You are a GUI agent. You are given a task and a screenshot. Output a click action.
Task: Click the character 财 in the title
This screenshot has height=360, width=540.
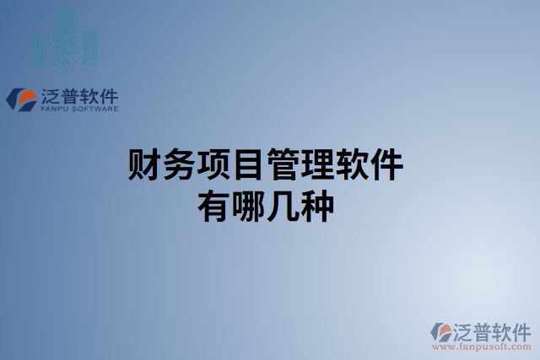(144, 165)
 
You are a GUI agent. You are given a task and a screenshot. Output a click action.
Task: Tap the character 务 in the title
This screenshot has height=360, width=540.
(179, 165)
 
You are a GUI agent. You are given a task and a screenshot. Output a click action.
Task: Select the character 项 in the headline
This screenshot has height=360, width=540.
(213, 165)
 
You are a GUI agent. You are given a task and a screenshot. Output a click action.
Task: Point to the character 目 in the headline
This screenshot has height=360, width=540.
(248, 165)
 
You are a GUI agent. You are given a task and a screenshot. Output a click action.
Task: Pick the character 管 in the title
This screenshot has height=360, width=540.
(283, 165)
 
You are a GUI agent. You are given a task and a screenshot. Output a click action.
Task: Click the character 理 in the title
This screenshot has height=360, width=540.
(317, 165)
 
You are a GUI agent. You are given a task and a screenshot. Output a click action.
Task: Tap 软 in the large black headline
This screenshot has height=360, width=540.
(352, 165)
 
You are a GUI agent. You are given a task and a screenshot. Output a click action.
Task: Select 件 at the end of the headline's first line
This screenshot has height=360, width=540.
(386, 165)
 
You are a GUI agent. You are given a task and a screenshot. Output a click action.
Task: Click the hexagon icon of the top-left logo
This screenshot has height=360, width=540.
(20, 99)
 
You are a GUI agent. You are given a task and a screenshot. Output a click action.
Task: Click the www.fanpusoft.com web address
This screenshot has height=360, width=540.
(481, 346)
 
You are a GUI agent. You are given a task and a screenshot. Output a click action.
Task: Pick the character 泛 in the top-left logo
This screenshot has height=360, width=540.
(51, 94)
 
